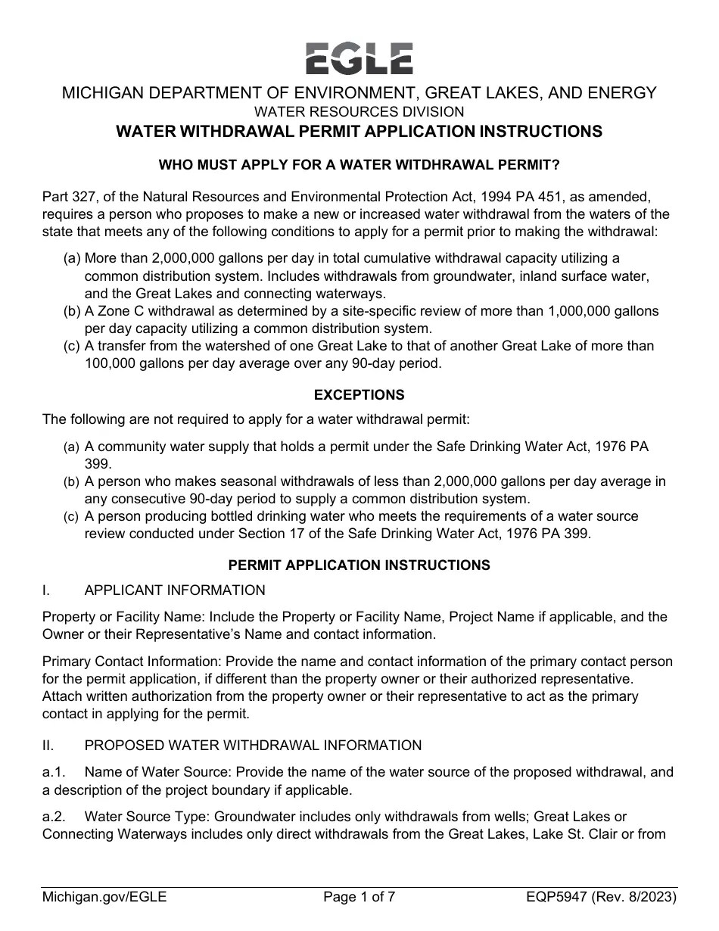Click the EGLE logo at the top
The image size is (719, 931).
pyautogui.click(x=359, y=58)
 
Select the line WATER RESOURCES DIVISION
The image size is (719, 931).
pyautogui.click(x=359, y=112)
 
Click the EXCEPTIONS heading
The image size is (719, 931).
pyautogui.click(x=359, y=395)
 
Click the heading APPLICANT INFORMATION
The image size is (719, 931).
pyautogui.click(x=175, y=590)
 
